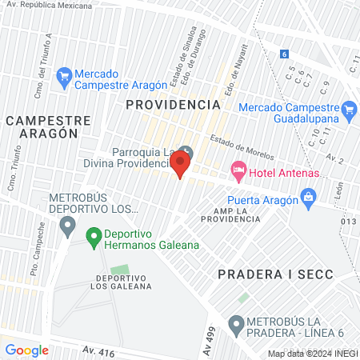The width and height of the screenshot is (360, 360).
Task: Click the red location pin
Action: [181, 165]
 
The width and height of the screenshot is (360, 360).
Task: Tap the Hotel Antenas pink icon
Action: [238, 170]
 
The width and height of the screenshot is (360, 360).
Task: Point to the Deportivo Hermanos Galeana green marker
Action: [92, 235]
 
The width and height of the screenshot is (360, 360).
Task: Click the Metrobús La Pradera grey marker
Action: [236, 325]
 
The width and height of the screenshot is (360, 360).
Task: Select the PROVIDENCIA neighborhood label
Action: [173, 105]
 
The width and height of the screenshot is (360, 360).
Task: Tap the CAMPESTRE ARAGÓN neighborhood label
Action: [42, 126]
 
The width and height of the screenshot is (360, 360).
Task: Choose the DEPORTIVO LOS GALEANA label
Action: [110, 282]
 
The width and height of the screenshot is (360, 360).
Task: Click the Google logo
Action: [26, 350]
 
